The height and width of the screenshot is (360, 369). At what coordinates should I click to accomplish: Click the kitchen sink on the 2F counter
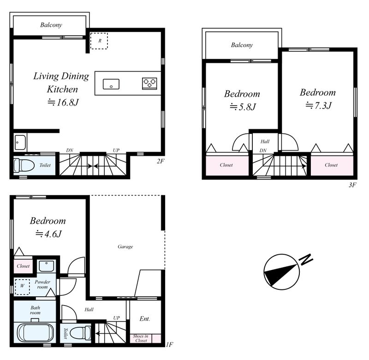[111, 84]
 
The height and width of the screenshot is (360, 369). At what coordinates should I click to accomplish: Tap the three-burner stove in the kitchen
[149, 84]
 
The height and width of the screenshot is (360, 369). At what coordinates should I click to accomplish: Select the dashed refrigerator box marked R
[99, 41]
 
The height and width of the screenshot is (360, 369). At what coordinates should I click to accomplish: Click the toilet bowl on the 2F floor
[24, 165]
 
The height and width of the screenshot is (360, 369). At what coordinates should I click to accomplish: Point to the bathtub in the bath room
[36, 333]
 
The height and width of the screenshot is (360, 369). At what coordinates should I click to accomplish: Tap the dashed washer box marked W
[22, 287]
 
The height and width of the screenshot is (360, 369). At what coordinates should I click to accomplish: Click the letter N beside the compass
[305, 259]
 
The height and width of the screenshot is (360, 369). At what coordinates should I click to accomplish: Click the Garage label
[125, 246]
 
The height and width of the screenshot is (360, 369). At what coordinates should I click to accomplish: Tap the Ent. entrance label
[144, 318]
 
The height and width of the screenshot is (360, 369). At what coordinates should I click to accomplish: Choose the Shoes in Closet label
[141, 338]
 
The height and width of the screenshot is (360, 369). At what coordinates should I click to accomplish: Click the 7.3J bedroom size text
[319, 105]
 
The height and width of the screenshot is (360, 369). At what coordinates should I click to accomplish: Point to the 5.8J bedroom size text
[243, 107]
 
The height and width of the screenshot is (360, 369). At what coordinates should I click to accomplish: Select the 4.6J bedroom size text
[48, 234]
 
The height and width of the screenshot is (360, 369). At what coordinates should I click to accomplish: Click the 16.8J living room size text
[63, 102]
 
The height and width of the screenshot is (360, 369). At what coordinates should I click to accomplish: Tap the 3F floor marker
[352, 185]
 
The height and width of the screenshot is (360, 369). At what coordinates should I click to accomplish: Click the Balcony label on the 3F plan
[242, 45]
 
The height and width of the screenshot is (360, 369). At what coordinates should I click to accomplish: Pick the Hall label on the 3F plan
[265, 142]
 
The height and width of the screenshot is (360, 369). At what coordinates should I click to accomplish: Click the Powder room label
[42, 284]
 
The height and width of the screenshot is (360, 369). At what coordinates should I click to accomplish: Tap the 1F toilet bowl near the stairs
[80, 333]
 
